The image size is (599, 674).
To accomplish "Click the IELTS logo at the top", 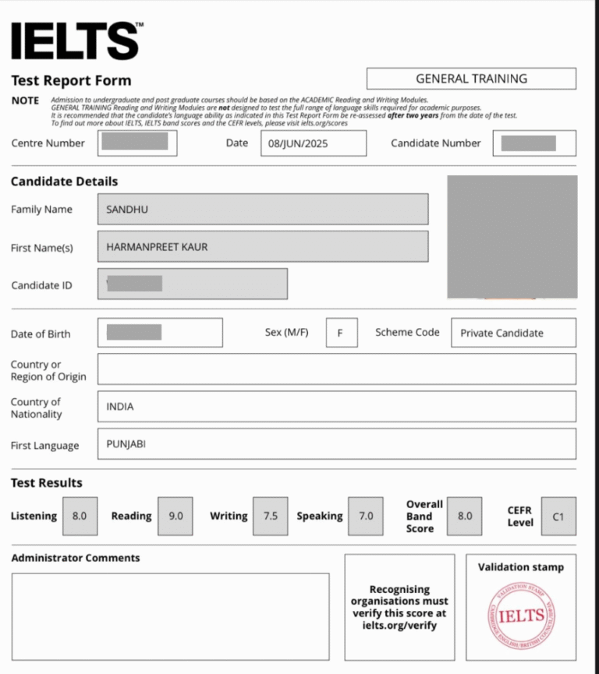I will tap(76, 41).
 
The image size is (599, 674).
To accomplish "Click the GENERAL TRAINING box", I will tap(471, 79).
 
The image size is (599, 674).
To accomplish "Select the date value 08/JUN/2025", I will tap(297, 143).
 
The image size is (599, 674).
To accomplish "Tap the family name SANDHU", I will tap(127, 209).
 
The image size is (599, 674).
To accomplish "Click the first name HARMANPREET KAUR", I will tap(157, 247).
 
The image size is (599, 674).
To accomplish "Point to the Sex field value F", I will tap(341, 333).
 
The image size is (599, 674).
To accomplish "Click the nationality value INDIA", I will tap(120, 406).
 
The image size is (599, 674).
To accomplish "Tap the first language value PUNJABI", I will tap(126, 444).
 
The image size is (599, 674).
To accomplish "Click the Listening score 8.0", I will tap(80, 516).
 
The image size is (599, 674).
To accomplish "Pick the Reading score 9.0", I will tap(175, 516).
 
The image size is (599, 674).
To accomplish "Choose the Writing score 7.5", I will tap(270, 516).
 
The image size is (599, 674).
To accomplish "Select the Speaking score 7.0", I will tap(366, 516).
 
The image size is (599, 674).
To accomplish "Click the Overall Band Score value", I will tap(465, 516).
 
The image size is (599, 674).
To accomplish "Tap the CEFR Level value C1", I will tap(558, 516).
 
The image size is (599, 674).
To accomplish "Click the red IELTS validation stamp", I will tap(521, 616).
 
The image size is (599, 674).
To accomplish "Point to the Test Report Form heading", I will tap(71, 80).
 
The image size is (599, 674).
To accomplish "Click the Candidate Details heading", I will tap(64, 182).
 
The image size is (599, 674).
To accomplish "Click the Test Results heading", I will tap(46, 483).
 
